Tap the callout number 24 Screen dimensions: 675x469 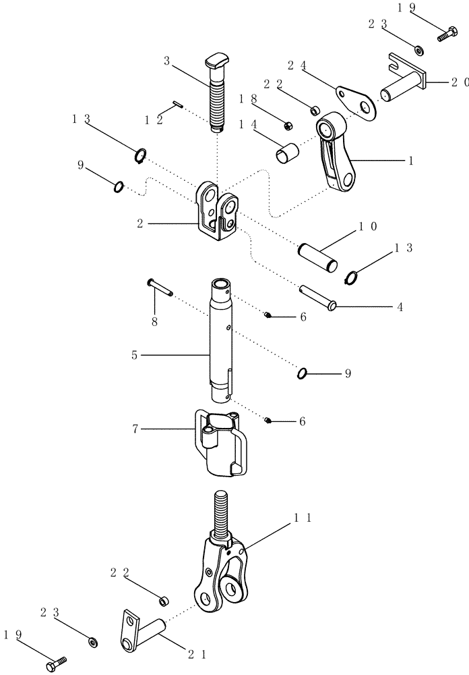pyautogui.click(x=297, y=65)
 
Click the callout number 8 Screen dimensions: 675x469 pyautogui.click(x=154, y=323)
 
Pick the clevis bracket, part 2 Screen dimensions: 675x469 pyautogui.click(x=217, y=213)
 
